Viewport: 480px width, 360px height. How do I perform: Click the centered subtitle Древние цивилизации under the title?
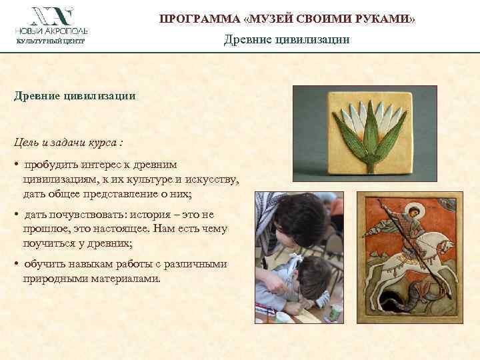287,40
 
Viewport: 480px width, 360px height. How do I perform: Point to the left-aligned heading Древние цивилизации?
75,95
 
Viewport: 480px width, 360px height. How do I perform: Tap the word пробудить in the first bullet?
50,164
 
